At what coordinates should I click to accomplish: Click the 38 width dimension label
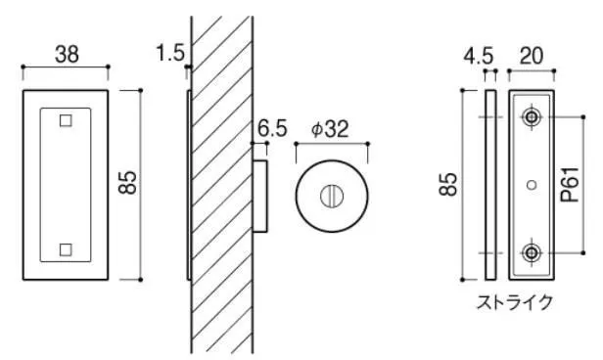[67, 54]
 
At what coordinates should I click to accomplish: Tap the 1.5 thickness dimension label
[170, 53]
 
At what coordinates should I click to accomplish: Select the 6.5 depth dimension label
[272, 128]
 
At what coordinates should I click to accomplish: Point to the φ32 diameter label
[330, 129]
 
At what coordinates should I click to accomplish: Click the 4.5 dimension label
[478, 57]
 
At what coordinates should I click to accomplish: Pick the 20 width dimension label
[532, 56]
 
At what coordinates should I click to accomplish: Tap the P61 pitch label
[570, 185]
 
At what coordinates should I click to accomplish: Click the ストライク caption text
[515, 302]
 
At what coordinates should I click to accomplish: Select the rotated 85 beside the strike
[448, 185]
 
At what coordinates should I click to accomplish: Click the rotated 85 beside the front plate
[127, 182]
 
